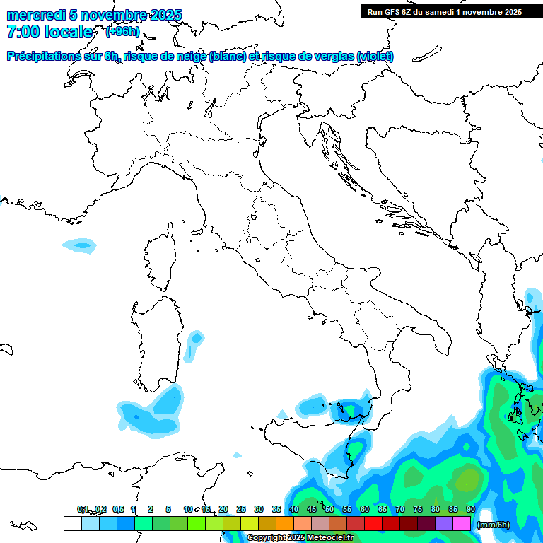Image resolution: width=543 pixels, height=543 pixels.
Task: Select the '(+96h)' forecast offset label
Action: [122, 32]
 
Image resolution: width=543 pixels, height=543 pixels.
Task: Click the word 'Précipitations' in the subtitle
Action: [52, 57]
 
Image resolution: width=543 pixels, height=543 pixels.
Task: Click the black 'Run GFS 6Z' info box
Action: [444, 11]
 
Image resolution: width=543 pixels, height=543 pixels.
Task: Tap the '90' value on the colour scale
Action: [470, 509]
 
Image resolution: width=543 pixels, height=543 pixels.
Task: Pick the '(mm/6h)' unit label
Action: [494, 525]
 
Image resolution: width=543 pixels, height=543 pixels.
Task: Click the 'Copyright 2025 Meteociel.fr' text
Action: [300, 538]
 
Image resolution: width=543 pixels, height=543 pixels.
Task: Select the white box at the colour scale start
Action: [72, 523]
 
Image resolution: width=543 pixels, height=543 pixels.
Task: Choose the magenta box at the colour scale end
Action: [462, 523]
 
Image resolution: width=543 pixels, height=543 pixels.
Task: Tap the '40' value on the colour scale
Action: [294, 509]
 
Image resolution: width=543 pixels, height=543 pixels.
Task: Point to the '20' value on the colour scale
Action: [223, 509]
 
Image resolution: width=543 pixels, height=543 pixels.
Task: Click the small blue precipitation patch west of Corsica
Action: [78, 245]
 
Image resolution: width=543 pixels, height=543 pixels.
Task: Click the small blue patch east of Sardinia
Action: [194, 342]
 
